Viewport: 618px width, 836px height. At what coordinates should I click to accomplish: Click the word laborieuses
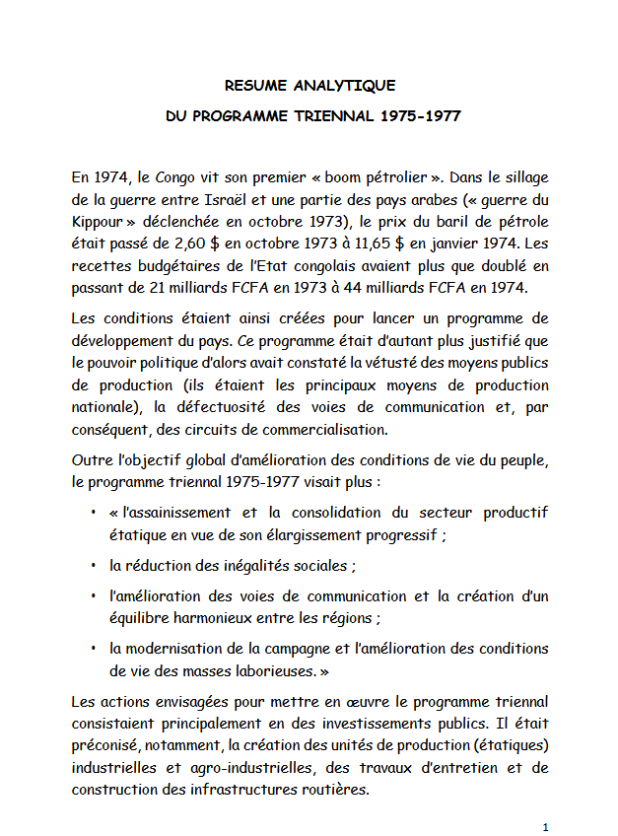[270, 669]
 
